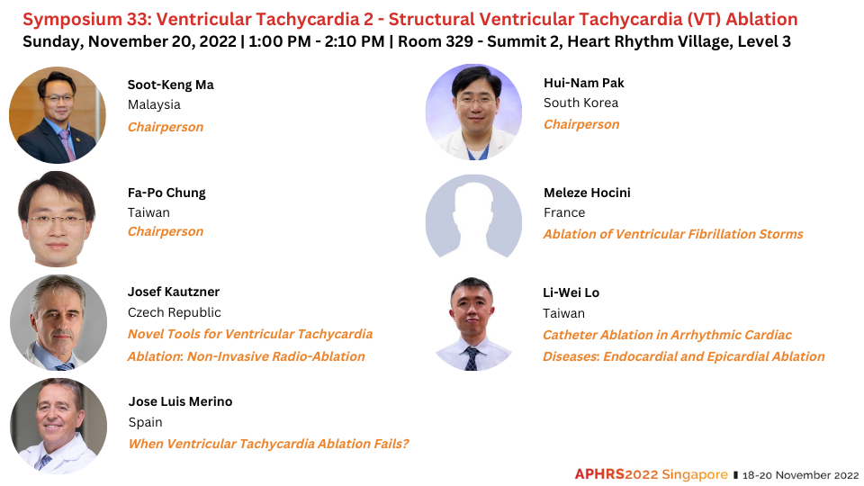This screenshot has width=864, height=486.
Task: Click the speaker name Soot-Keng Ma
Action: [170, 85]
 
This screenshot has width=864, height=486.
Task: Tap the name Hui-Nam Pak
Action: [583, 83]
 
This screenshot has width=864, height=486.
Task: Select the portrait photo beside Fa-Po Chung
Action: [58, 220]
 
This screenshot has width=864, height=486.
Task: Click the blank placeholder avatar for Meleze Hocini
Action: [474, 217]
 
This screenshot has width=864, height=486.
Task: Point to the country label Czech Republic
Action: [174, 312]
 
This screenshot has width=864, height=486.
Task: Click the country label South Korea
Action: [580, 103]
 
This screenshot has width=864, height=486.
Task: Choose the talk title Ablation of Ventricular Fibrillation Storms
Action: [673, 234]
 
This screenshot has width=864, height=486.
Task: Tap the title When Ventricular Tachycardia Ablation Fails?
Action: [268, 444]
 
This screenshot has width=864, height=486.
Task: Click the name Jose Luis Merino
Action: [180, 401]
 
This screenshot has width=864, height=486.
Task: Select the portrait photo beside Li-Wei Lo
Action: [472, 324]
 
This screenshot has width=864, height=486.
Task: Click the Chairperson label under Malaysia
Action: [166, 127]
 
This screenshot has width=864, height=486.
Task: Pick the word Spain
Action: [146, 423]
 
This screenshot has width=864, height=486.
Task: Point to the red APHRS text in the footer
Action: [599, 474]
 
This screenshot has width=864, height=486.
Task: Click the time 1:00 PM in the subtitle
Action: [279, 42]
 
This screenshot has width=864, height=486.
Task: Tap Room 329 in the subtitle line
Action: [436, 42]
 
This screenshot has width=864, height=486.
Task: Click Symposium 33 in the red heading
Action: [85, 20]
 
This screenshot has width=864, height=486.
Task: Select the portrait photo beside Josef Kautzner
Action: [58, 323]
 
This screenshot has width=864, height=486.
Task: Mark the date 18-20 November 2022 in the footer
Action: [800, 475]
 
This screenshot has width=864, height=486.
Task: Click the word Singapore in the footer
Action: [695, 474]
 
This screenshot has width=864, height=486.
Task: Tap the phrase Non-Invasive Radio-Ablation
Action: [276, 357]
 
